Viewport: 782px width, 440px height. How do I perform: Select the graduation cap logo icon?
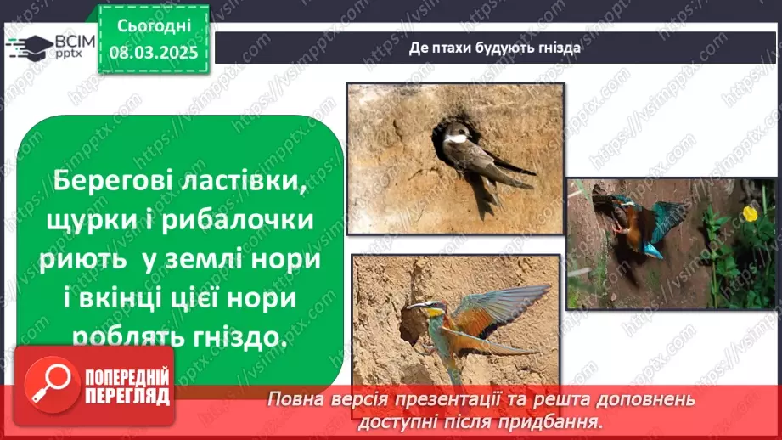click(30, 48)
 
